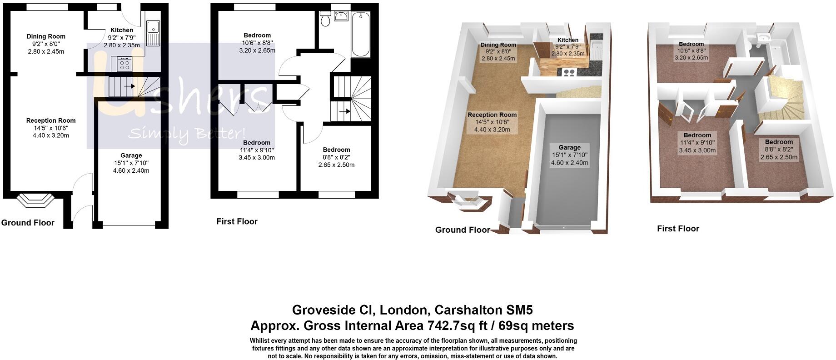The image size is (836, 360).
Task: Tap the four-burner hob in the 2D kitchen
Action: (124, 64)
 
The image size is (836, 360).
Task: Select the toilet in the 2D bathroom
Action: (325, 20)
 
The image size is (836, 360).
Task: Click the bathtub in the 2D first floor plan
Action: (362, 35)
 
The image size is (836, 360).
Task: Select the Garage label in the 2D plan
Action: (131, 155)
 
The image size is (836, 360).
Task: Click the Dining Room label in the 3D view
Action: (498, 45)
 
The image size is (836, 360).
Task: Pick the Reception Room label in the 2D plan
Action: (51, 120)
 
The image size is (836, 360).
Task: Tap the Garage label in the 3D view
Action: (569, 147)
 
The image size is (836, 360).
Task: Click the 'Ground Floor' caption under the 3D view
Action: (463, 230)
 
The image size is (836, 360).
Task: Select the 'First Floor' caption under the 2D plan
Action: (237, 221)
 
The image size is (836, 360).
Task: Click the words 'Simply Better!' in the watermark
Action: (187, 134)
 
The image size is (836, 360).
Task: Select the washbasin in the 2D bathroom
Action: (340, 16)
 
